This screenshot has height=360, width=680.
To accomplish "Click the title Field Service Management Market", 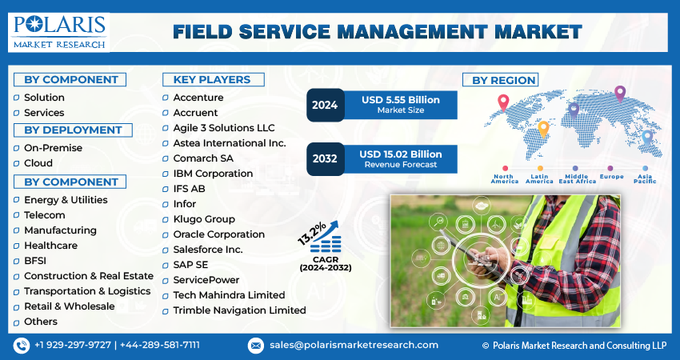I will click(377, 32).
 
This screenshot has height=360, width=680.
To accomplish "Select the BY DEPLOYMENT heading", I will click(73, 130).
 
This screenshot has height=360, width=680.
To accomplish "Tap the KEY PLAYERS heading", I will click(206, 79).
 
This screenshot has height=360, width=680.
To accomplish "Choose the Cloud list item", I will click(38, 163).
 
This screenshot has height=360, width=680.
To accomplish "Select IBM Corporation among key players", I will click(213, 174).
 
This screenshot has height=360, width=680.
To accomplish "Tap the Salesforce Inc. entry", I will click(208, 250).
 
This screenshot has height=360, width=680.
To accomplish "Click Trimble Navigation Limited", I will click(239, 310).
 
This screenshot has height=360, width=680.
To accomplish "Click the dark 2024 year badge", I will click(325, 105).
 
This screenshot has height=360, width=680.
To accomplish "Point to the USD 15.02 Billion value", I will click(400, 154).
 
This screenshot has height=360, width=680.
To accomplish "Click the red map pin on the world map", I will click(503, 102).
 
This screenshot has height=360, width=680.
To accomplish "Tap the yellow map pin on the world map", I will click(543, 128).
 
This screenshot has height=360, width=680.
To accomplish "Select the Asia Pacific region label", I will click(646, 178).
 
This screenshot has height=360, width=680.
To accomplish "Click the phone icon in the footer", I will click(21, 345).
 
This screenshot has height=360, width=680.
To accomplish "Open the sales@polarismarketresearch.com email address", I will click(354, 345).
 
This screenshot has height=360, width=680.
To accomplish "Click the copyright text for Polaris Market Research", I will click(574, 345).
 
